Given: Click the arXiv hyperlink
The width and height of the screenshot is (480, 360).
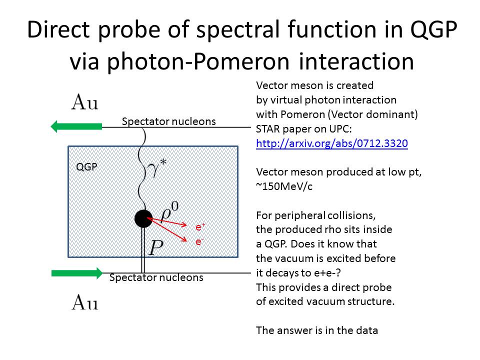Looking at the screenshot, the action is (332, 143).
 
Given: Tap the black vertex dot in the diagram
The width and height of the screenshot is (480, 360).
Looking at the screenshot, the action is (143, 218).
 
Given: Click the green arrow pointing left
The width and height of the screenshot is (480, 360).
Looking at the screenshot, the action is (76, 126).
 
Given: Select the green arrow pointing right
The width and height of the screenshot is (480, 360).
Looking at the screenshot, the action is (77, 273).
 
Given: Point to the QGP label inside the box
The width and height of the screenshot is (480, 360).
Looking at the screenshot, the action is (86, 167).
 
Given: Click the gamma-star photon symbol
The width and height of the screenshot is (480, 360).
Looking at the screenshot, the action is (156, 169).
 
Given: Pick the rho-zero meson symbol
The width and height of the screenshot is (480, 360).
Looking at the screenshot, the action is (169, 211).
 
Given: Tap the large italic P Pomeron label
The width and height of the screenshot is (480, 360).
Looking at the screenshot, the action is (156, 247).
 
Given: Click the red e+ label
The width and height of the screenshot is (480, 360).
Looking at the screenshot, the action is (200, 227).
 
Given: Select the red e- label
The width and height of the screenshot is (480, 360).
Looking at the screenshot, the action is (199, 242).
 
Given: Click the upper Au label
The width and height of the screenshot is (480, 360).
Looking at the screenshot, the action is (85, 102).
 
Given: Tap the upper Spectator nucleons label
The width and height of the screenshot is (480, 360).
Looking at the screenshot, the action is (168, 121).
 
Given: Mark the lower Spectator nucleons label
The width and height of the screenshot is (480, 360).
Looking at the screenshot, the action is (156, 277).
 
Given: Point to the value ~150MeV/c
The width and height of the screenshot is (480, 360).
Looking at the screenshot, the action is (284, 186).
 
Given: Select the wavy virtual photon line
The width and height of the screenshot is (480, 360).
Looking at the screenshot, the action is (141, 168).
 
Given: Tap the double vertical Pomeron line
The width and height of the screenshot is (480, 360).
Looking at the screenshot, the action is (142, 250).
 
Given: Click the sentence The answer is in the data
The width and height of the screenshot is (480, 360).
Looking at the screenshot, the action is (317, 330).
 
